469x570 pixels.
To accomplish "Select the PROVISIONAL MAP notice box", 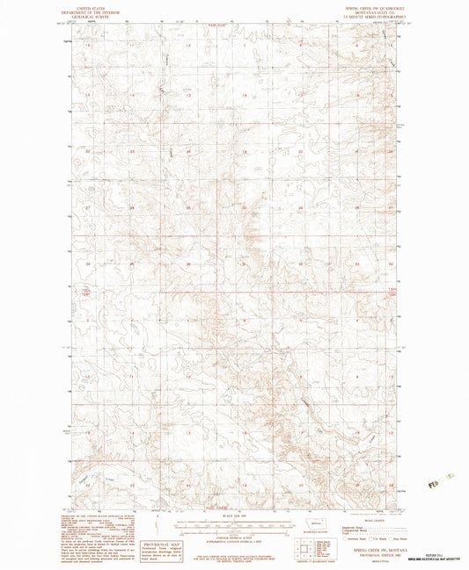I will click(197, 549).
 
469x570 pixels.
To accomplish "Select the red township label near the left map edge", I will click(85, 292).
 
